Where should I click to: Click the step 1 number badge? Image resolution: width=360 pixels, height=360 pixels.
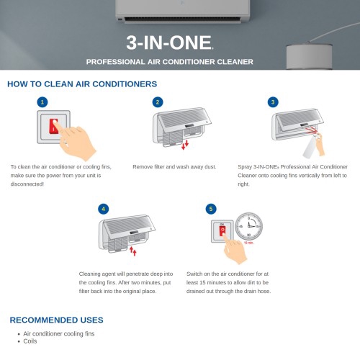[x=42, y=102]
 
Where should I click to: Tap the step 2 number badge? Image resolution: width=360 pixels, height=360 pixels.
[x=158, y=102]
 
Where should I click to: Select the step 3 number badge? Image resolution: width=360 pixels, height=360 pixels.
[x=273, y=102]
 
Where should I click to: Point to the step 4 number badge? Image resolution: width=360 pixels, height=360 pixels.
[x=104, y=209]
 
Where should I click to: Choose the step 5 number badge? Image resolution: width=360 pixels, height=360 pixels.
[x=211, y=209]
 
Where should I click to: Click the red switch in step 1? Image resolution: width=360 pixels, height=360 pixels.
[x=54, y=127]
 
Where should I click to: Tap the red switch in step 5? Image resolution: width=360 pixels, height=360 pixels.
[x=222, y=230]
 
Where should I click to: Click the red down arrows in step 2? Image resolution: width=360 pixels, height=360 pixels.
[x=185, y=145]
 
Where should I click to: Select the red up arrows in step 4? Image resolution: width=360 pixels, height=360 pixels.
[x=133, y=251]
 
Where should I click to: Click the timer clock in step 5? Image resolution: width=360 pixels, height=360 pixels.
[x=248, y=226]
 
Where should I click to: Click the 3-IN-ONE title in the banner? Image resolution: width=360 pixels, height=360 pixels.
[x=169, y=42]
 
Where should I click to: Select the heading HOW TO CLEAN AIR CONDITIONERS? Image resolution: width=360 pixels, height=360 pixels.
[x=82, y=84]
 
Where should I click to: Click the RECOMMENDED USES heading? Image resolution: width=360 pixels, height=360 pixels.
[x=56, y=320]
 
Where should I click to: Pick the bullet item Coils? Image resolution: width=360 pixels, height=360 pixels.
[x=30, y=341]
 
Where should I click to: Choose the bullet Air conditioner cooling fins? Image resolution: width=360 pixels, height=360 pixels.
[x=59, y=334]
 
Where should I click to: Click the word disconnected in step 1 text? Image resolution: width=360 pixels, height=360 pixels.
[x=27, y=184]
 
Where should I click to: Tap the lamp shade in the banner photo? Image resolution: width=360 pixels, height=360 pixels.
[x=310, y=56]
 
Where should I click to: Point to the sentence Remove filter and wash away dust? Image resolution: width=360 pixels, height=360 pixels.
[x=174, y=167]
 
